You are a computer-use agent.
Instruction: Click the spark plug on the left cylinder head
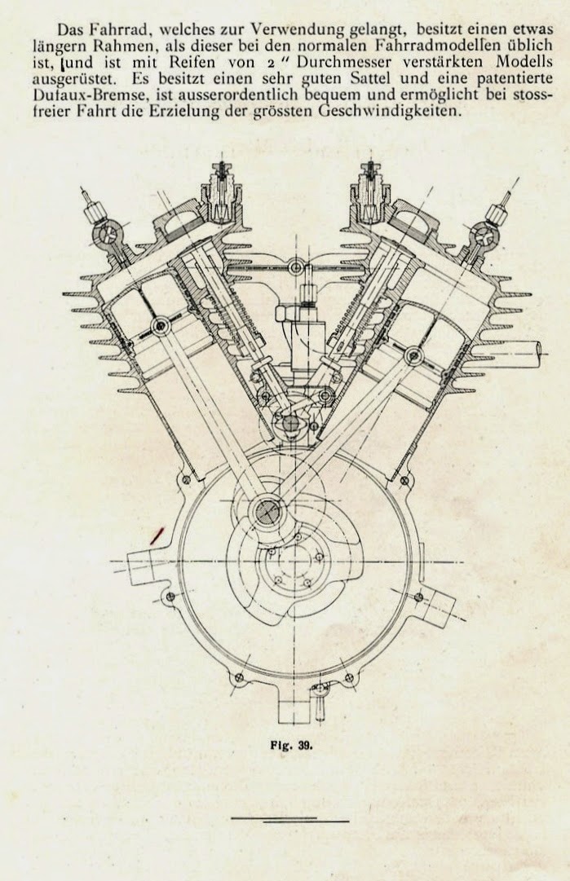[222, 189]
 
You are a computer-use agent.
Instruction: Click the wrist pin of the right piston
[414, 354]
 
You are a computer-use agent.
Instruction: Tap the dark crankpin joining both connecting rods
[267, 511]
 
